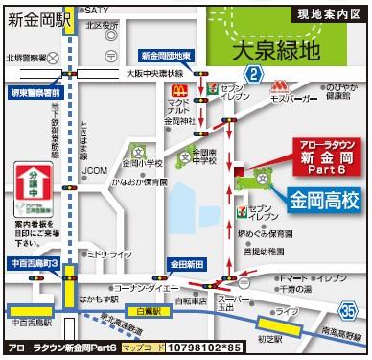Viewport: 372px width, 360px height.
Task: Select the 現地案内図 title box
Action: pyautogui.click(x=329, y=13)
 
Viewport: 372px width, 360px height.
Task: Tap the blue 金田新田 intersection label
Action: pyautogui.click(x=189, y=262)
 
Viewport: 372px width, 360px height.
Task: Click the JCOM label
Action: pyautogui.click(x=94, y=172)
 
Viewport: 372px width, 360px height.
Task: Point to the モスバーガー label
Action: pyautogui.click(x=294, y=99)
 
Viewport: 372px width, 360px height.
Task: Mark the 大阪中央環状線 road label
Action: pyautogui.click(x=157, y=72)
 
